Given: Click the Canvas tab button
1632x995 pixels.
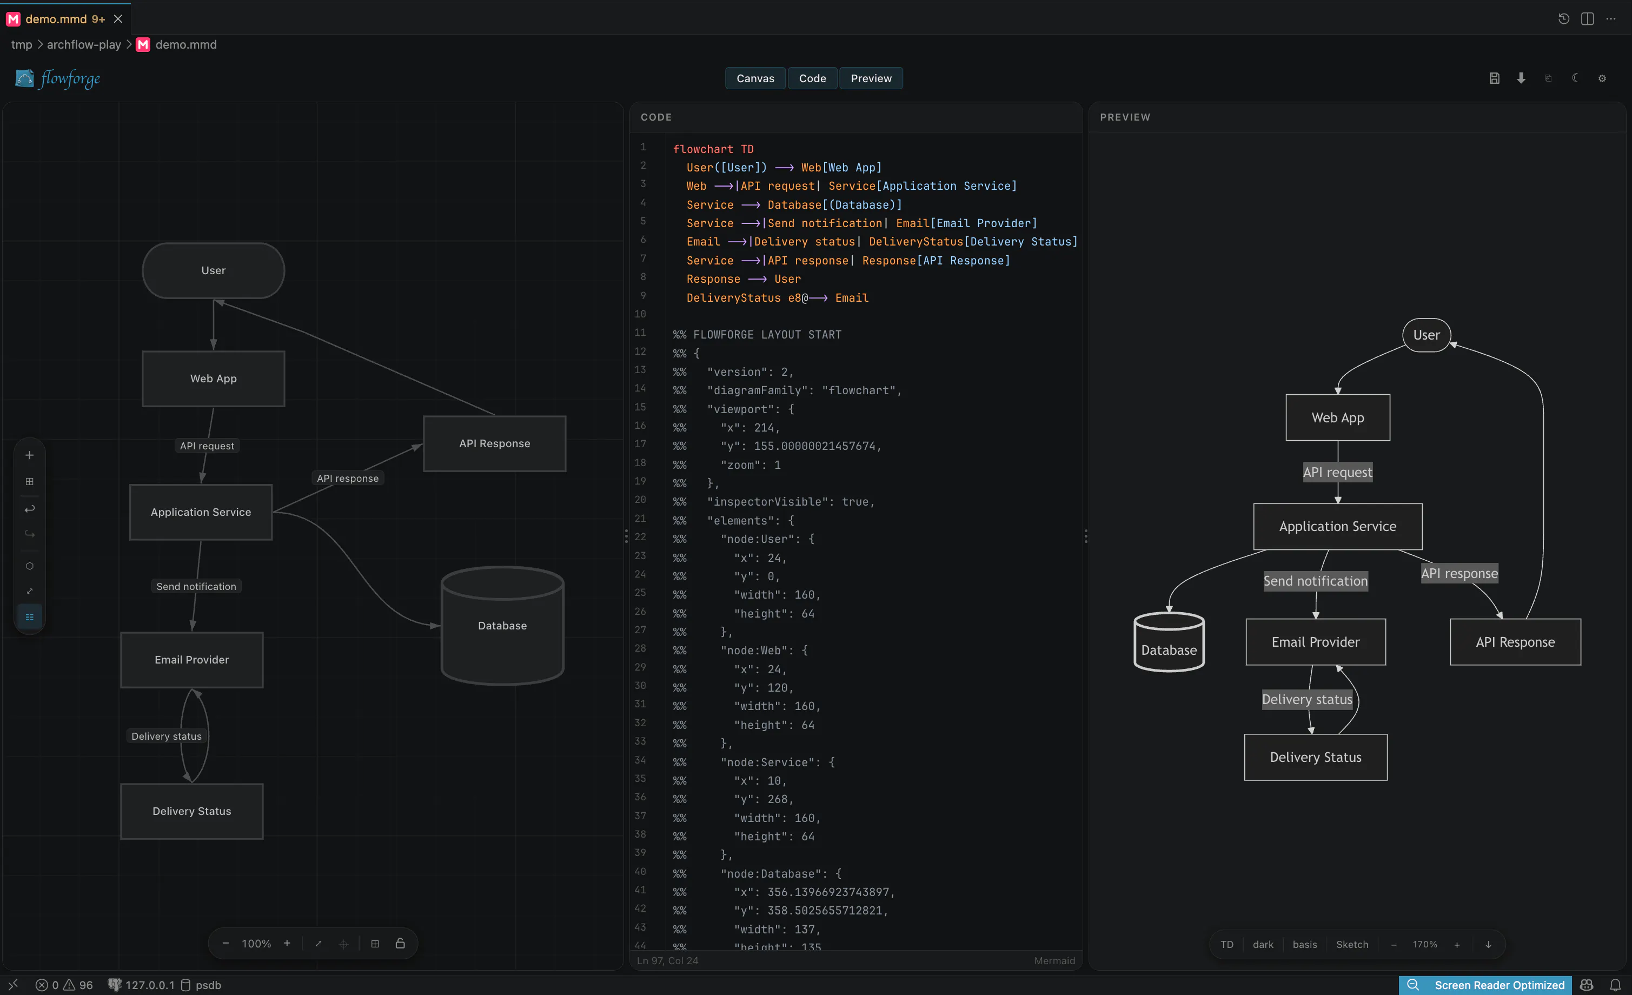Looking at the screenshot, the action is [x=755, y=78].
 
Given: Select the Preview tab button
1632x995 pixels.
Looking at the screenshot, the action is [x=871, y=78].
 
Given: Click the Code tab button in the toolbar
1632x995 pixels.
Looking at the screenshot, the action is [x=812, y=78].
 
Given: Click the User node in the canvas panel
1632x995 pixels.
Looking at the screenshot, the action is [x=213, y=270].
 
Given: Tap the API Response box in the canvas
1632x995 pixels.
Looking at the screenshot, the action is [x=495, y=443].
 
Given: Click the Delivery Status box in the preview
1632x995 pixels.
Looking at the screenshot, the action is [x=1316, y=757].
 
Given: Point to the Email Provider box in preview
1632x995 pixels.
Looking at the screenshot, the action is [x=1316, y=642].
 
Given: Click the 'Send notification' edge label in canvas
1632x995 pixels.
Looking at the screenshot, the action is [x=196, y=586].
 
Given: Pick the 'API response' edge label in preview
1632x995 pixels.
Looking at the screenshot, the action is [x=1459, y=573].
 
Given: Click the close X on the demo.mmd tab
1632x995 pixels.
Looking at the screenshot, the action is [x=118, y=19].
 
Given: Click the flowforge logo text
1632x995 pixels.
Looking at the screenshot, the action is [x=70, y=79].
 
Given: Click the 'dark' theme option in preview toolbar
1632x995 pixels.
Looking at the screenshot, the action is [x=1263, y=944].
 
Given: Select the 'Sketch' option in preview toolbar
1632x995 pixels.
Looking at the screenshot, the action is [x=1352, y=944].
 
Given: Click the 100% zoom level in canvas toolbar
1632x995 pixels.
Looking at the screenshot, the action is [x=256, y=943].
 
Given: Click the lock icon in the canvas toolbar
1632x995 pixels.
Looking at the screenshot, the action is [x=400, y=943].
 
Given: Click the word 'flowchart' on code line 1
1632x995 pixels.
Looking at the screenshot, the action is [x=703, y=149].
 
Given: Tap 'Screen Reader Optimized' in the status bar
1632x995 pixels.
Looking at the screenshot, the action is [x=1500, y=985].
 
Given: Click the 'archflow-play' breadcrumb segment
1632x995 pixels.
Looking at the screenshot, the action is [x=84, y=44].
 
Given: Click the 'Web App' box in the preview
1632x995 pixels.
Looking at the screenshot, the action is [x=1338, y=417].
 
